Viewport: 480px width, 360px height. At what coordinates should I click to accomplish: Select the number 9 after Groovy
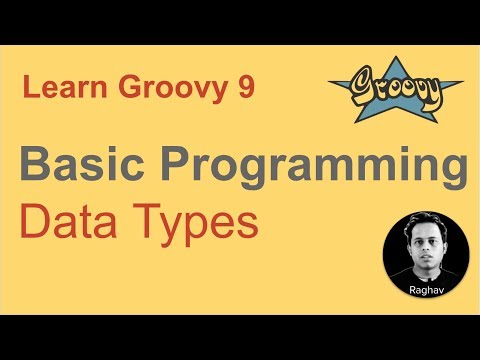click(246, 90)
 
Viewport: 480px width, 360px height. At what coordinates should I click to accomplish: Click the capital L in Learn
click(29, 90)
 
